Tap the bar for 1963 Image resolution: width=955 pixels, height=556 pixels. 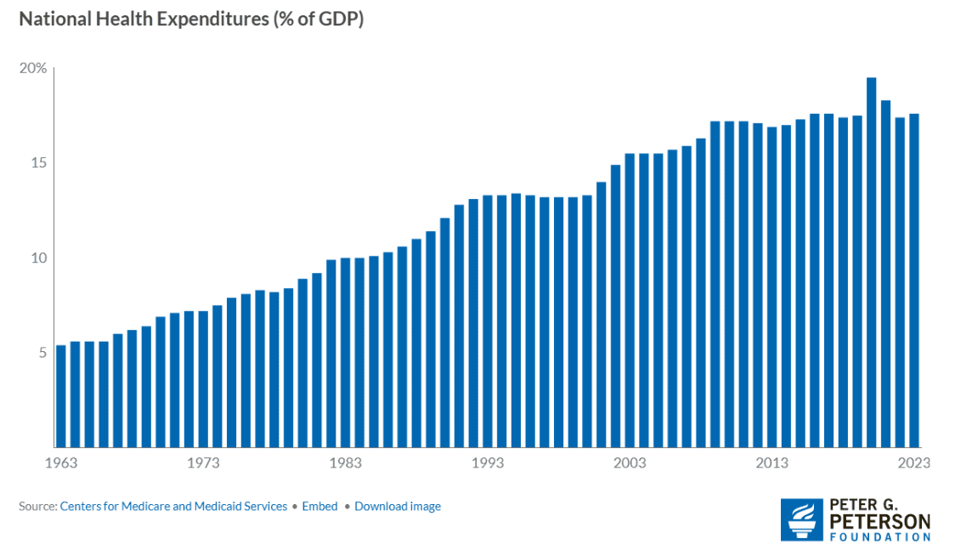click(x=60, y=395)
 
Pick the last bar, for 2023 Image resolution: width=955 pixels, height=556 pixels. click(x=914, y=281)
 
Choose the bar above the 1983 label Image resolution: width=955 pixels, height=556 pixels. click(x=345, y=352)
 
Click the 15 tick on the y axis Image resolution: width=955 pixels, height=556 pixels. click(x=38, y=163)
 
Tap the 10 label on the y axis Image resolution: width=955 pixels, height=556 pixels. click(x=38, y=258)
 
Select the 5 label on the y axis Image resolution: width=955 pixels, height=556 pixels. click(x=42, y=352)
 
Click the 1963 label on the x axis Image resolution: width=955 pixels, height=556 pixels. click(x=60, y=463)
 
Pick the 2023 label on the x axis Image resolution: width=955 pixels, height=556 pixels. click(x=914, y=463)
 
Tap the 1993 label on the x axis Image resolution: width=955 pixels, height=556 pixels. click(x=487, y=463)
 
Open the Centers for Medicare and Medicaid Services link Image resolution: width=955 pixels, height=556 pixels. click(x=173, y=507)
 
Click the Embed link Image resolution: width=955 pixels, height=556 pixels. click(x=319, y=507)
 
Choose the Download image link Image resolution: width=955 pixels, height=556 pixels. click(x=398, y=507)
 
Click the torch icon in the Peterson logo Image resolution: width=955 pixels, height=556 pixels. click(x=800, y=519)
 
